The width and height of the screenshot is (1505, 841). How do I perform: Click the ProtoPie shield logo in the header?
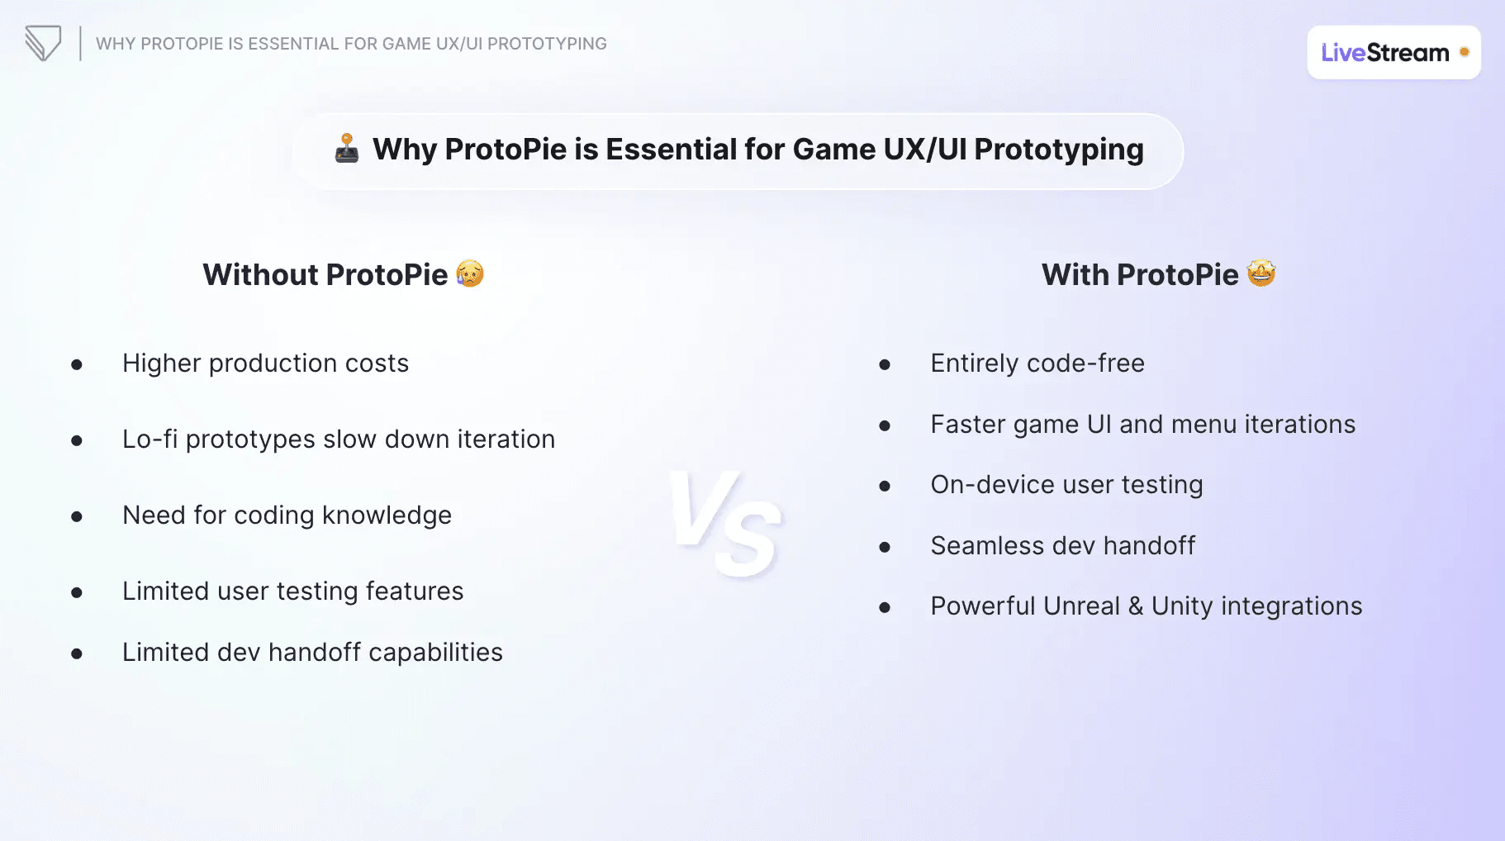[x=43, y=43]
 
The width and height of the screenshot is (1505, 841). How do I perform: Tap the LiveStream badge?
[x=1393, y=52]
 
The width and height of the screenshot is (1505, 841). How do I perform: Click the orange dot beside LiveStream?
[x=1465, y=52]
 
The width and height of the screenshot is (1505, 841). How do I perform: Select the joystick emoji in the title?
[x=347, y=149]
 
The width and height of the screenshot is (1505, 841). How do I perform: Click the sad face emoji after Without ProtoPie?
[x=470, y=273]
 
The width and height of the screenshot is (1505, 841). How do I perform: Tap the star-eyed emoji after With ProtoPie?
[x=1261, y=273]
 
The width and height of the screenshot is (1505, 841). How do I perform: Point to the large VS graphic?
[x=725, y=523]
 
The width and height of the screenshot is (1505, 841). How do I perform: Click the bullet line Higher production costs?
[x=265, y=363]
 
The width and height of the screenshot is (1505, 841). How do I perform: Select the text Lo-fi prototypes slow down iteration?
[x=339, y=440]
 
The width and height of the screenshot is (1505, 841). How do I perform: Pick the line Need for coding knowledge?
[x=287, y=516]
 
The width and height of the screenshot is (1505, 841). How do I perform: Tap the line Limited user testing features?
[x=292, y=592]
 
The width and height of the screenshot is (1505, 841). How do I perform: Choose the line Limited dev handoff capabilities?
[x=312, y=653]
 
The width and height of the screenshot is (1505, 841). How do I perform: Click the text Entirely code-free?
[x=1037, y=363]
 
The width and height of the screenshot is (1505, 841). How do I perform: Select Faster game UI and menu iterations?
[x=1143, y=425]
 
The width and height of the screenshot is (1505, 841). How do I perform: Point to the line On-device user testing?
[x=1066, y=485]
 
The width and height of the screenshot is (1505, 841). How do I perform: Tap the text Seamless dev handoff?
[x=1063, y=546]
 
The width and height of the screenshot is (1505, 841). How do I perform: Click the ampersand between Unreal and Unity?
[x=1136, y=606]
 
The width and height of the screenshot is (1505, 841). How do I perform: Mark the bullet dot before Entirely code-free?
[x=885, y=364]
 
